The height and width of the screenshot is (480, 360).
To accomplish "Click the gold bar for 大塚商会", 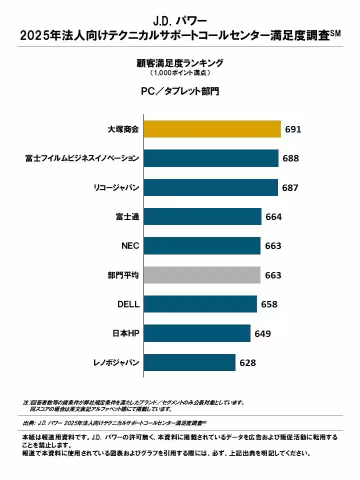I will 212,129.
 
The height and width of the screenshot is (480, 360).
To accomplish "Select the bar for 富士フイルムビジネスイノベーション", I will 211,158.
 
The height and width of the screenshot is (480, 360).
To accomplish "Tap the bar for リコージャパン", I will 210,187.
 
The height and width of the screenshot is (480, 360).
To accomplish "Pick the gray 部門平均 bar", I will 202,275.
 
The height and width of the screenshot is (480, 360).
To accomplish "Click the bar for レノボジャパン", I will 189,362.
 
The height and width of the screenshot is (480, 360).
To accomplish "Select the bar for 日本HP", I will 197,333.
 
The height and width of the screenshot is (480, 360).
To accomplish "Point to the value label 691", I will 293,129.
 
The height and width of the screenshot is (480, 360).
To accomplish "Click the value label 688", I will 290,158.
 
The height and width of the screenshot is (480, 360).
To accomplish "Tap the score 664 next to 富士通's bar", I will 273,217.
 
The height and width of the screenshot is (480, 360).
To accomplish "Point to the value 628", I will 247,363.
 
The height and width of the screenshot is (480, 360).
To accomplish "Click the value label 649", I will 262,333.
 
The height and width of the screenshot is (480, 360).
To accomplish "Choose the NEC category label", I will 130,246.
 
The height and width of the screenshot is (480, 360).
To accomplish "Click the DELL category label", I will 128,304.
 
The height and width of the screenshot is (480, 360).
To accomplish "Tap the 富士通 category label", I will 127,217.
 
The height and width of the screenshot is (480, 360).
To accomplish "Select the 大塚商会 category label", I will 123,129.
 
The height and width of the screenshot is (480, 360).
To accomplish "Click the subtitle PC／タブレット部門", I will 180,92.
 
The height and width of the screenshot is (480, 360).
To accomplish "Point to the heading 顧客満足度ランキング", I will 180,63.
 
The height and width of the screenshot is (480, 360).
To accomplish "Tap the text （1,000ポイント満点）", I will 180,73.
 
